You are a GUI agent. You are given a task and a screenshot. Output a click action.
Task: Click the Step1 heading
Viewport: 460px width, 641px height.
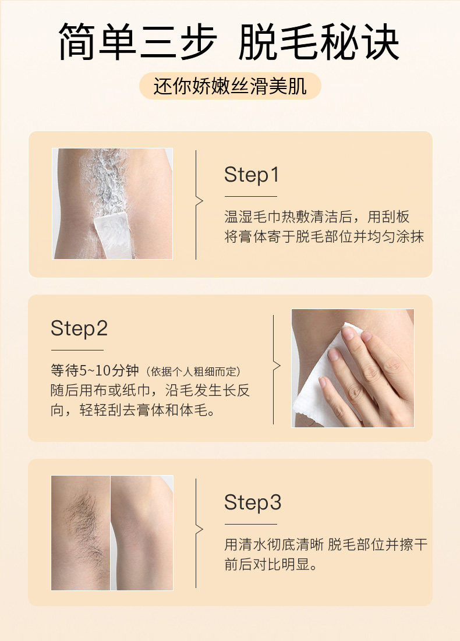pyautogui.click(x=252, y=175)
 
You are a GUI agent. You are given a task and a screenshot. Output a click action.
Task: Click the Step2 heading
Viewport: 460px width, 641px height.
pyautogui.click(x=79, y=329)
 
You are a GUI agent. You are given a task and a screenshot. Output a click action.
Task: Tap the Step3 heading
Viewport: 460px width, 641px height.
pyautogui.click(x=253, y=502)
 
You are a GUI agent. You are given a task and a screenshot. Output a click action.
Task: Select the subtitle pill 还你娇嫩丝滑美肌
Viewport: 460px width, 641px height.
pyautogui.click(x=230, y=86)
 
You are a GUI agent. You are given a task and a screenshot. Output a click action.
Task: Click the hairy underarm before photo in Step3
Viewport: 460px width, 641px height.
pyautogui.click(x=80, y=533)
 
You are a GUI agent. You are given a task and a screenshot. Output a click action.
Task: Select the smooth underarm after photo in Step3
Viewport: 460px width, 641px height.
pyautogui.click(x=142, y=533)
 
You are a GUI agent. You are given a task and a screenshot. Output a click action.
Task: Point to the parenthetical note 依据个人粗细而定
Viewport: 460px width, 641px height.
pyautogui.click(x=193, y=371)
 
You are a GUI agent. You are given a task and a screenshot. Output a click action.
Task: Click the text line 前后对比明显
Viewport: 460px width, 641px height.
pyautogui.click(x=271, y=565)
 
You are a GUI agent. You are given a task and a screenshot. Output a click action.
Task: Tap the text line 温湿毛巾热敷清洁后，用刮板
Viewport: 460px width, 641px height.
pyautogui.click(x=317, y=217)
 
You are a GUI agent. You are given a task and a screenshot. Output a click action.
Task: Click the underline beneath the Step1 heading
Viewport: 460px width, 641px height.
pyautogui.click(x=250, y=197)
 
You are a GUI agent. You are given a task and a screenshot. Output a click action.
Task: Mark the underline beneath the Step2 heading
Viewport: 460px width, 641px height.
pyautogui.click(x=77, y=350)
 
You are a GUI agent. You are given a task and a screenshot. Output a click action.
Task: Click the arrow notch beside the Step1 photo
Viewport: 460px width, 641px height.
pyautogui.click(x=200, y=201)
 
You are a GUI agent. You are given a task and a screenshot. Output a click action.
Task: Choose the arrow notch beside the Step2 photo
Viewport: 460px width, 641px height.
pyautogui.click(x=277, y=366)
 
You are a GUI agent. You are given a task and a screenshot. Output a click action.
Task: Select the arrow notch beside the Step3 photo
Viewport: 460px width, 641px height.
pyautogui.click(x=200, y=529)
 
